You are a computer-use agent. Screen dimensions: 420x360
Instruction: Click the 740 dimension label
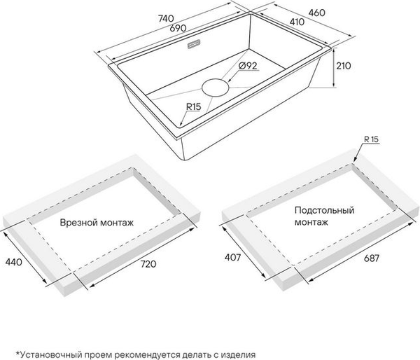click(166, 18)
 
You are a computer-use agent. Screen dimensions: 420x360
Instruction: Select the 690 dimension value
click(178, 27)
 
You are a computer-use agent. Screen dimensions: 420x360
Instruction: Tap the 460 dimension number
click(317, 13)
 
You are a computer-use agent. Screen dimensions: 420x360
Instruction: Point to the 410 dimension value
click(297, 22)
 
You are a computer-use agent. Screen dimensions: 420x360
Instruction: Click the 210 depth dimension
click(344, 66)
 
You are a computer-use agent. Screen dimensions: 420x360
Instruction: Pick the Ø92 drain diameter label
click(248, 65)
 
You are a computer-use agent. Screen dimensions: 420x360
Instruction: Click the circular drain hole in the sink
click(216, 88)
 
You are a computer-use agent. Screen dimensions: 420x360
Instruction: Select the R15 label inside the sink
click(193, 106)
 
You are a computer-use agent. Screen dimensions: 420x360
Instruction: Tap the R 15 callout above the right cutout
click(371, 139)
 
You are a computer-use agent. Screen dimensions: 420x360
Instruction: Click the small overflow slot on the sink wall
click(194, 44)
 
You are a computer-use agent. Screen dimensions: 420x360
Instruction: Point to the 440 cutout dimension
click(14, 262)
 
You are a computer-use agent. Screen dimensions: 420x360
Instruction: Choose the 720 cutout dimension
click(148, 264)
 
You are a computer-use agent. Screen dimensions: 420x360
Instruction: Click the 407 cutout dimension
click(233, 258)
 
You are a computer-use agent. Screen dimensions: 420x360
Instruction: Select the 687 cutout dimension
click(372, 258)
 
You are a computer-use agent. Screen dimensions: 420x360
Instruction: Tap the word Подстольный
click(324, 210)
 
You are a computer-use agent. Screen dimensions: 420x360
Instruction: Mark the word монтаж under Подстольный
click(311, 223)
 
